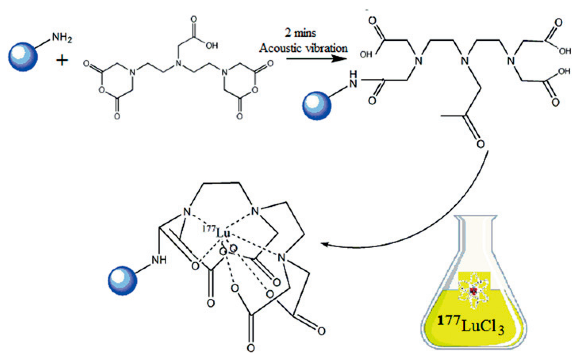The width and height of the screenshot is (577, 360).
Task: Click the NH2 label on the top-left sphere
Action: (x=62, y=37)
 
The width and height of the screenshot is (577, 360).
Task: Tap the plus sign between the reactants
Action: (x=62, y=61)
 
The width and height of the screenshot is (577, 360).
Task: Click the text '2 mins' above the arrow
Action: (x=300, y=33)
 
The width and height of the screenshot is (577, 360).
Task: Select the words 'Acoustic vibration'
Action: (x=303, y=48)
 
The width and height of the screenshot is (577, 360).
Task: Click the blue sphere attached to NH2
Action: (x=23, y=57)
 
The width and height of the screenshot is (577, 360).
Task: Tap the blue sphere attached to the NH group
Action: (x=122, y=280)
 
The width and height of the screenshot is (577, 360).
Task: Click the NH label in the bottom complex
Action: (x=159, y=260)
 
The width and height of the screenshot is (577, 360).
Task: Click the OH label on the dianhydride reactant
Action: (x=212, y=46)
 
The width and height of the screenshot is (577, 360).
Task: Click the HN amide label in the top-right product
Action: (x=353, y=79)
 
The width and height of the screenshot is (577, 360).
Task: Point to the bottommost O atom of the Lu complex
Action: (x=251, y=348)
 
